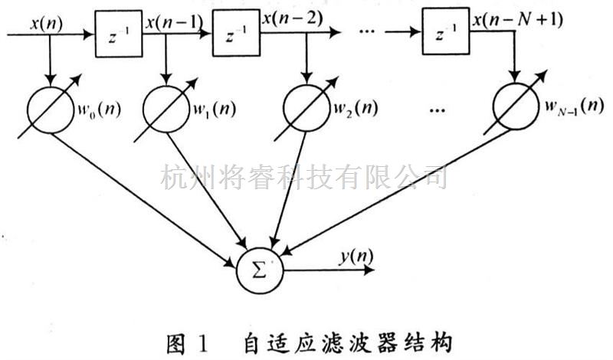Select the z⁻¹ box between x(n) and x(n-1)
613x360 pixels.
[x=119, y=34]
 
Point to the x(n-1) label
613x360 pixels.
[x=174, y=24]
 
